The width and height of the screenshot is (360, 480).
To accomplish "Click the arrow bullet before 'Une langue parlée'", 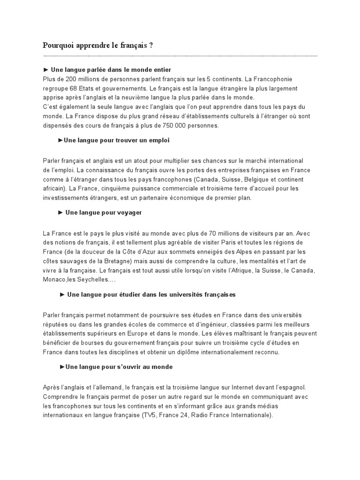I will [45, 70].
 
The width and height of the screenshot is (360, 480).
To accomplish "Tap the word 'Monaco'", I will [54, 279].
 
